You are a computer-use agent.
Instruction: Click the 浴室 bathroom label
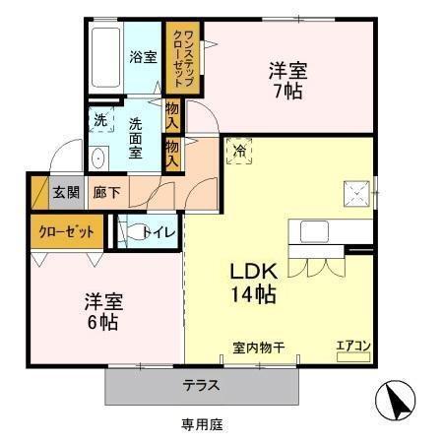click(x=144, y=57)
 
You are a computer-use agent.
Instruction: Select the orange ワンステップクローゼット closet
click(x=183, y=58)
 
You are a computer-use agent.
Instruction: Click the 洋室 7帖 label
click(x=287, y=81)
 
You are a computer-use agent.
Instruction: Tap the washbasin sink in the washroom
click(x=98, y=158)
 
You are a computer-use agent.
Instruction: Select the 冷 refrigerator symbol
click(x=239, y=150)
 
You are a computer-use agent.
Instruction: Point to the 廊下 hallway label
click(x=106, y=193)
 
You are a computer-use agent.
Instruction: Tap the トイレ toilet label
click(x=159, y=232)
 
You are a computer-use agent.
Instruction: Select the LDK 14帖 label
click(x=252, y=282)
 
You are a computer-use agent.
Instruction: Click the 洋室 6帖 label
click(x=101, y=312)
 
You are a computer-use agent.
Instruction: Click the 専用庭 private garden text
click(x=201, y=424)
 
